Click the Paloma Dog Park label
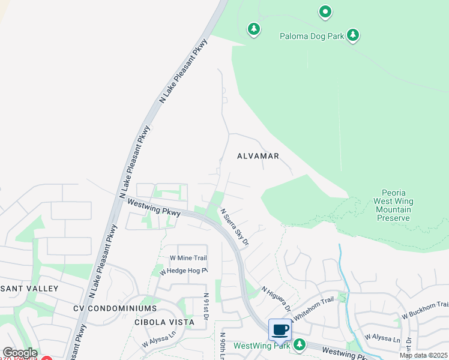pyautogui.click(x=312, y=36)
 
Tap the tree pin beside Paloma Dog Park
pyautogui.click(x=354, y=35)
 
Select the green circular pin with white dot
pyautogui.click(x=325, y=11)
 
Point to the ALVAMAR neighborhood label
pyautogui.click(x=258, y=156)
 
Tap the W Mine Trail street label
pyautogui.click(x=188, y=258)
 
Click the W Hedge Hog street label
pyautogui.click(x=183, y=271)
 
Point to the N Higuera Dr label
pyautogui.click(x=276, y=299)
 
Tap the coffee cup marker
pyautogui.click(x=280, y=329)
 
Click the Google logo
pyautogui.click(x=19, y=353)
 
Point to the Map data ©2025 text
pyautogui.click(x=423, y=355)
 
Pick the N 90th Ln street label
pyautogui.click(x=222, y=345)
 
